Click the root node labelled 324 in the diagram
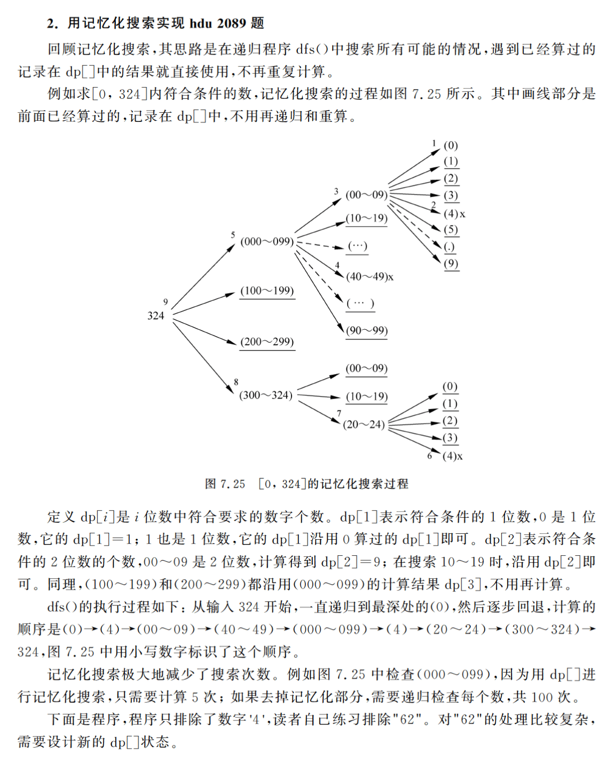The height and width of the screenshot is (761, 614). point(156,315)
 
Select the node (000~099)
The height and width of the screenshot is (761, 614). point(267,242)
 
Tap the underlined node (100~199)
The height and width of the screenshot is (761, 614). point(267,291)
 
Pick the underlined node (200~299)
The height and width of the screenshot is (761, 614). point(267,341)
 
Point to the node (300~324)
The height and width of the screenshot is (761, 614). point(266,395)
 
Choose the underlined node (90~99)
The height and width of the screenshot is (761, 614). point(366,330)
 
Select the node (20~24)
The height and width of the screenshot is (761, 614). point(364,424)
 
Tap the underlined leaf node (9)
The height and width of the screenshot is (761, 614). point(451,263)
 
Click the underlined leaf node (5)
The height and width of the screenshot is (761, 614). point(451,230)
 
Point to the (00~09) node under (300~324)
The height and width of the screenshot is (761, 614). point(366,368)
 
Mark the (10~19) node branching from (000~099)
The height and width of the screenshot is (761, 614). point(366,218)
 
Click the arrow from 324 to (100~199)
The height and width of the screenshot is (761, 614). point(204,304)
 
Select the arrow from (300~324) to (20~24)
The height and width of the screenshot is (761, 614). point(319,412)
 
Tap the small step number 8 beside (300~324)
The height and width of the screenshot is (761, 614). point(236,382)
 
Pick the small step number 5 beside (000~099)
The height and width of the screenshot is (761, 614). point(233,235)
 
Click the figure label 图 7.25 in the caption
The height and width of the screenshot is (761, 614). point(225,484)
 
